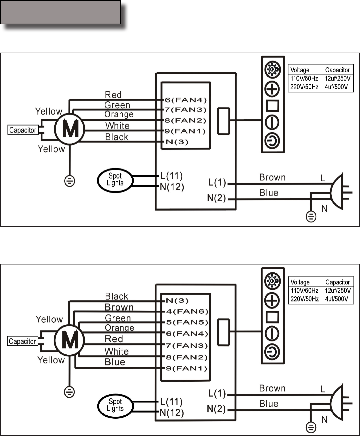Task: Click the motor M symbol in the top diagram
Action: click(70, 129)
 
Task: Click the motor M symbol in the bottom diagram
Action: click(70, 340)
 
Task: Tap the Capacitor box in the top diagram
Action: click(23, 130)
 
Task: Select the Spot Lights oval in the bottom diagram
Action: click(115, 405)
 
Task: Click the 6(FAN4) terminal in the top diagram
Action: click(186, 100)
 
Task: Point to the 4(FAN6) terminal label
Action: click(187, 312)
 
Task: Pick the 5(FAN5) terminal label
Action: click(187, 322)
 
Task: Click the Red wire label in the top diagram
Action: click(113, 95)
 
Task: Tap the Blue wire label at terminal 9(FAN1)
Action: click(115, 362)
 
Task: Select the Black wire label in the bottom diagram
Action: click(117, 296)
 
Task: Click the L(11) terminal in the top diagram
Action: click(171, 176)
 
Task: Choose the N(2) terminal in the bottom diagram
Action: click(216, 409)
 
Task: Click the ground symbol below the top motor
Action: click(70, 181)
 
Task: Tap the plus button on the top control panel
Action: click(272, 89)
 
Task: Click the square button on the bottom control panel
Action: click(272, 317)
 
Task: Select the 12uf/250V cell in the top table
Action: click(338, 79)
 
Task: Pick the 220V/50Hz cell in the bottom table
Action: click(304, 299)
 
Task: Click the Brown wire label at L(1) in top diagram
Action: click(272, 178)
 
